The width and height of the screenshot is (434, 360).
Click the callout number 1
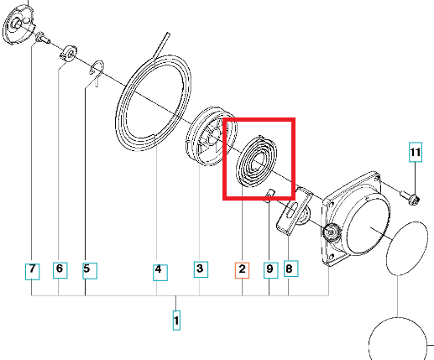(x=176, y=321)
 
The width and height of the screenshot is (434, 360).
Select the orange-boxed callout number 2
(x=242, y=270)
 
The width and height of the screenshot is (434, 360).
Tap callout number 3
(x=201, y=269)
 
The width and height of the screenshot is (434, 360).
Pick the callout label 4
(x=160, y=273)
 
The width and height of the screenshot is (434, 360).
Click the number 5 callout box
(x=90, y=271)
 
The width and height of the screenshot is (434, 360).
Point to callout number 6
(x=60, y=270)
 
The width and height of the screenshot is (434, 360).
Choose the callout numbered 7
(x=32, y=272)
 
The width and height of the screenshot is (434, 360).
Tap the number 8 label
(x=291, y=269)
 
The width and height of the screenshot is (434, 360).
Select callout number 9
(x=271, y=270)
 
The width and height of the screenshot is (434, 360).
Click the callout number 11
(x=416, y=152)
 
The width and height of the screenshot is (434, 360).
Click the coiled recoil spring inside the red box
(x=257, y=161)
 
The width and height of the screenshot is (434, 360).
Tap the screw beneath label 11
(x=410, y=197)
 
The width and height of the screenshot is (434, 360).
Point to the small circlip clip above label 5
(x=97, y=71)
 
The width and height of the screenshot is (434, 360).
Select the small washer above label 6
(x=68, y=53)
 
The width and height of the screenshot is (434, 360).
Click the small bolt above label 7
(x=43, y=38)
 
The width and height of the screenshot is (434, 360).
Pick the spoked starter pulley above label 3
(x=212, y=136)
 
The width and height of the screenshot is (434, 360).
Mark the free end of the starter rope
(x=167, y=34)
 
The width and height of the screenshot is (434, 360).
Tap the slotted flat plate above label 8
(x=295, y=210)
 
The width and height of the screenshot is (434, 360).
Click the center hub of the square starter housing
(x=331, y=232)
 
